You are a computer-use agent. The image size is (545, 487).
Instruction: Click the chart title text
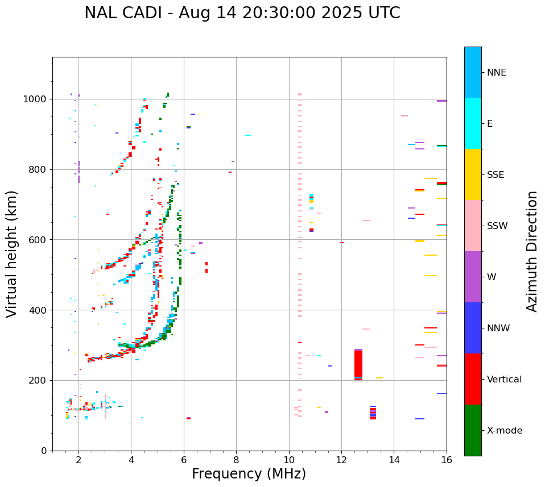pyautogui.click(x=242, y=13)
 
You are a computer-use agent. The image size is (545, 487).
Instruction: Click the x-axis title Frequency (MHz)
pyautogui.click(x=249, y=474)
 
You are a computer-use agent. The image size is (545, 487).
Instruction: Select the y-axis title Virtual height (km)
pyautogui.click(x=12, y=253)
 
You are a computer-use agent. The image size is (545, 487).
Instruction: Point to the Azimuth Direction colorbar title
pyautogui.click(x=532, y=251)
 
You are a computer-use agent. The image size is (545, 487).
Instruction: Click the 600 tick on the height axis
pyautogui.click(x=39, y=240)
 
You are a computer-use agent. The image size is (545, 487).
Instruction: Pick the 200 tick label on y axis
pyautogui.click(x=39, y=380)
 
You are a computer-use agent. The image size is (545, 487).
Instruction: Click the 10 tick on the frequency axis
pyautogui.click(x=289, y=459)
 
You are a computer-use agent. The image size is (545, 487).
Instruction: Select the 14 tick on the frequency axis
pyautogui.click(x=394, y=459)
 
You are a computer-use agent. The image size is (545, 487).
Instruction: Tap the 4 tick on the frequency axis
pyautogui.click(x=131, y=459)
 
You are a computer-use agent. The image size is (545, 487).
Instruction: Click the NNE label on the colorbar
pyautogui.click(x=497, y=73)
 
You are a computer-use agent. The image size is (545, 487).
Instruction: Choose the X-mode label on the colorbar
pyautogui.click(x=505, y=431)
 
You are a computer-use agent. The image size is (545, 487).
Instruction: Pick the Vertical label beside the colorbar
pyautogui.click(x=505, y=380)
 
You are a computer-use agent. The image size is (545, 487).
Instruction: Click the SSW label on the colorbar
pyautogui.click(x=497, y=226)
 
